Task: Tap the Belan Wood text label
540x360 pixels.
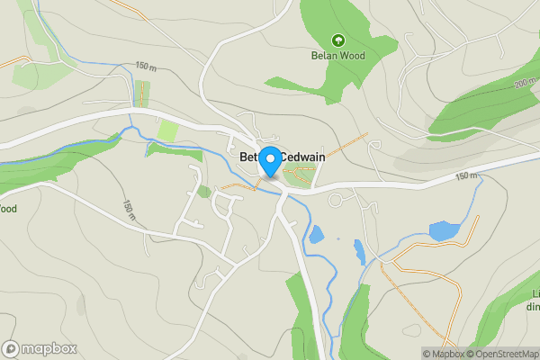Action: [338, 56]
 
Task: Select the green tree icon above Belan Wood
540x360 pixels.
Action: [338, 40]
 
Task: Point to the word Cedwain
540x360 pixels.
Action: [302, 157]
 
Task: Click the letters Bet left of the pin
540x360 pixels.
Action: [249, 157]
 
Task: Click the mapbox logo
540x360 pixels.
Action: [40, 348]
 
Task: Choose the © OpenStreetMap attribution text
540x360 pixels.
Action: [502, 354]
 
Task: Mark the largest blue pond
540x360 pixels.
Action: [444, 231]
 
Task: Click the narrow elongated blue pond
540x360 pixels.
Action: [359, 251]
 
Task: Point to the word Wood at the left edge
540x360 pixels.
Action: [7, 209]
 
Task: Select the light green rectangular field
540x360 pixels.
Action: [167, 130]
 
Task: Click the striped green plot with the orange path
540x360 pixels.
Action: [141, 94]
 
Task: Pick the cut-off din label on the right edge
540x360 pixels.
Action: [533, 306]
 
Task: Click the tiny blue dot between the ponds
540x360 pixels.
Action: [338, 238]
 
